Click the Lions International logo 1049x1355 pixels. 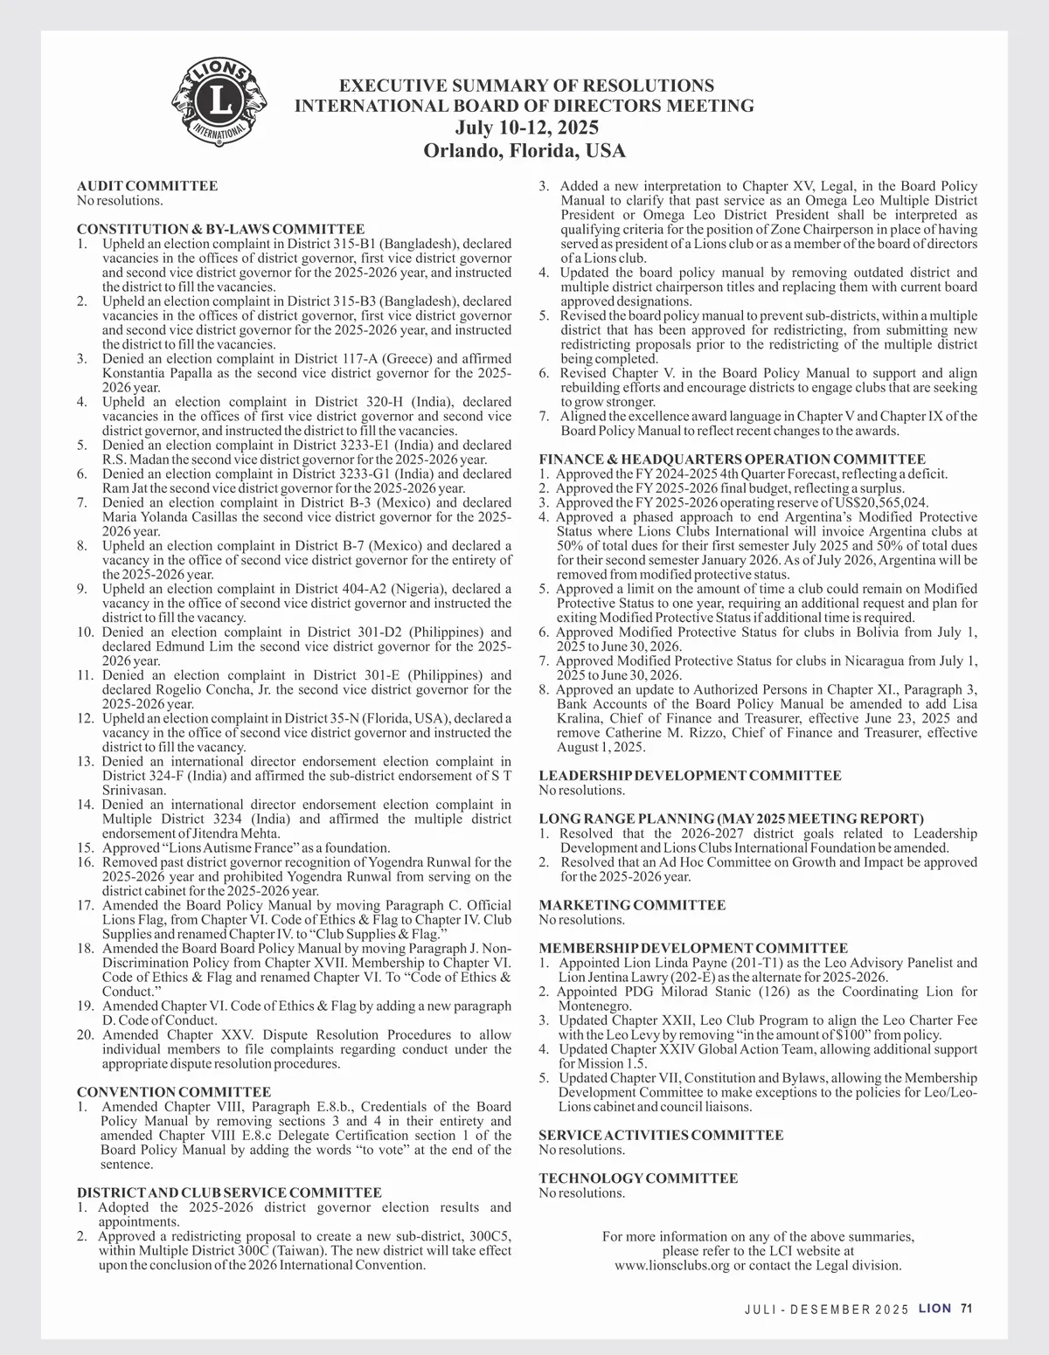click(x=219, y=103)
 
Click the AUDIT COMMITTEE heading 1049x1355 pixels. click(x=147, y=186)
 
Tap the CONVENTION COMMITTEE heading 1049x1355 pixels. click(x=174, y=1092)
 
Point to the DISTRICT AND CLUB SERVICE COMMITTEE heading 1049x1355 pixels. click(x=229, y=1193)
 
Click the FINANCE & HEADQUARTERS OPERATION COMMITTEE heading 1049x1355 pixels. click(x=732, y=460)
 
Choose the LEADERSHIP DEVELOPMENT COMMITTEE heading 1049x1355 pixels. click(x=690, y=776)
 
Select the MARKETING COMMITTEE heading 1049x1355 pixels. click(x=632, y=905)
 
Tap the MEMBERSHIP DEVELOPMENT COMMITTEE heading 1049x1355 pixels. click(x=693, y=948)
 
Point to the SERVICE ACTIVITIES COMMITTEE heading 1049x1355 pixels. click(x=661, y=1135)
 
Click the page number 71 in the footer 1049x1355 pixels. click(x=966, y=1309)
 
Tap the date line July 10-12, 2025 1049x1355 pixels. click(x=524, y=128)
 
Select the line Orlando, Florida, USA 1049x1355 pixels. click(x=524, y=150)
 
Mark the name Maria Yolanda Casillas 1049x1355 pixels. click(x=170, y=517)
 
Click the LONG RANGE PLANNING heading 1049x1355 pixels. click(x=731, y=819)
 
